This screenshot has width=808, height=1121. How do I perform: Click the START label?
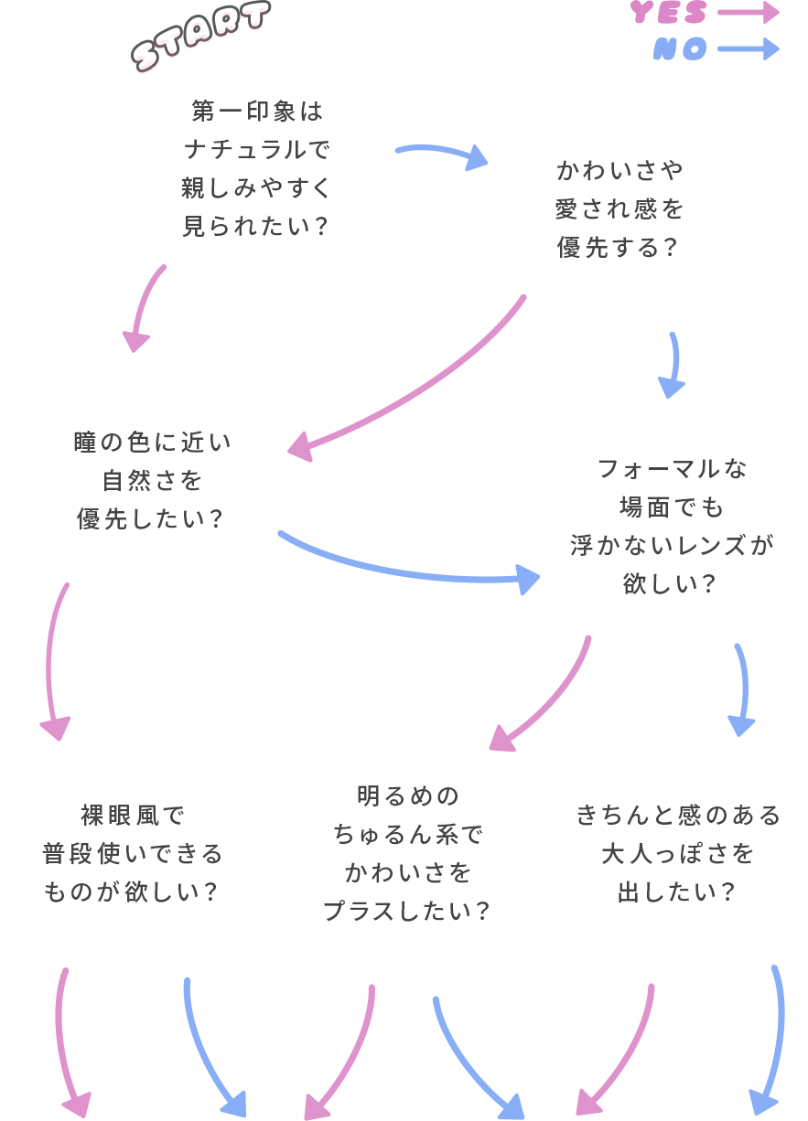click(202, 38)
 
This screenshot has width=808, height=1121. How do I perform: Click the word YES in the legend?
click(670, 13)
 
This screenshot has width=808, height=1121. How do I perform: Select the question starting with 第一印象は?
click(256, 168)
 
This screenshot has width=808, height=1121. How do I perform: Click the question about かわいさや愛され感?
click(619, 209)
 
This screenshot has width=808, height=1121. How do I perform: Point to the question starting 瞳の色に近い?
click(152, 480)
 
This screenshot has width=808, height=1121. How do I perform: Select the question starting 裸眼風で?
click(133, 853)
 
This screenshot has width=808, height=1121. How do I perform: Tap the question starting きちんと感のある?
click(678, 853)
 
